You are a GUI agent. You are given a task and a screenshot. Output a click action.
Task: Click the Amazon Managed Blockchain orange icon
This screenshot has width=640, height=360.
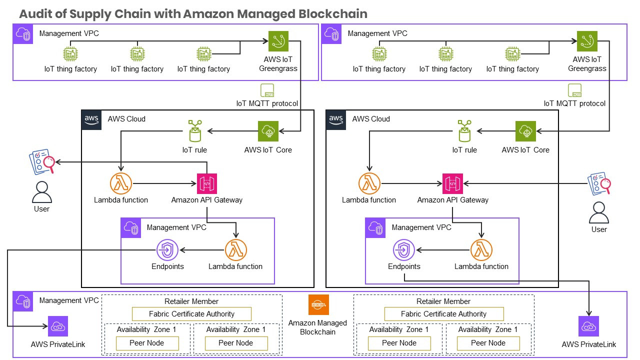click(318, 305)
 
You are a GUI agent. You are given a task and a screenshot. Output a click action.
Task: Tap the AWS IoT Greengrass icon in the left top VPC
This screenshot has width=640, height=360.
click(278, 41)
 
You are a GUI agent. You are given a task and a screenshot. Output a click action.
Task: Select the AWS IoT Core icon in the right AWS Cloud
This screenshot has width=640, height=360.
click(525, 131)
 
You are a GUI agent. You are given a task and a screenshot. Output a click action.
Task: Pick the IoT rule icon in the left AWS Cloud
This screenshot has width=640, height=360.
click(194, 131)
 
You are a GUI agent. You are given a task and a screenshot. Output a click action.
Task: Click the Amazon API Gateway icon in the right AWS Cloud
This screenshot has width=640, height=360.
click(452, 183)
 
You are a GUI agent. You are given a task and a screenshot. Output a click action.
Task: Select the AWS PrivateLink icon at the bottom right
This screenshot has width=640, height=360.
click(588, 326)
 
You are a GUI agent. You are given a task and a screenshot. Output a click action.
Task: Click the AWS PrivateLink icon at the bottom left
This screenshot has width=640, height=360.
click(58, 326)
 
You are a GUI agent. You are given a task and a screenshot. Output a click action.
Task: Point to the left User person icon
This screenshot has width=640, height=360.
click(41, 191)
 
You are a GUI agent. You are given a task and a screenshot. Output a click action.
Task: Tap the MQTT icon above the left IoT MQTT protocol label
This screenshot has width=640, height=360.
click(267, 90)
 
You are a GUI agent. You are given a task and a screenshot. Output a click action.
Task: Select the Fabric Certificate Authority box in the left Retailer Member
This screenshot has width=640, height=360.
click(191, 314)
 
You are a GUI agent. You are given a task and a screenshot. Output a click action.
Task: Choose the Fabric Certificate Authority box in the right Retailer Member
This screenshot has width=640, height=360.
click(443, 314)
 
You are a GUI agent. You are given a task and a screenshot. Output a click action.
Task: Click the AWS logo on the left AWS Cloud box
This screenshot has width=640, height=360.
click(91, 119)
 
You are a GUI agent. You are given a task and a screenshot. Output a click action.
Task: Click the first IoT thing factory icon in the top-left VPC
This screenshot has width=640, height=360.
click(70, 53)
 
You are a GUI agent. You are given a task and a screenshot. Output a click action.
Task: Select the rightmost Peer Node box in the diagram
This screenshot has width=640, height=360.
click(488, 343)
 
